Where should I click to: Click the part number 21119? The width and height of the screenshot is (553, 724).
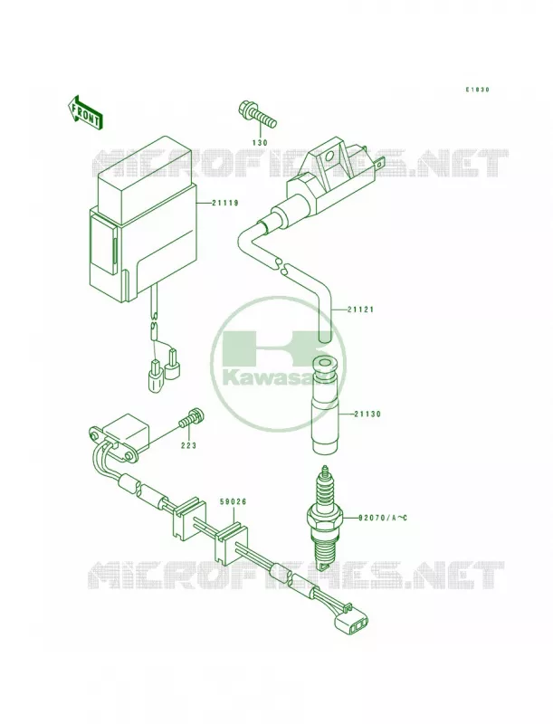225,203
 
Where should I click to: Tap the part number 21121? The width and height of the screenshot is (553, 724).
360,310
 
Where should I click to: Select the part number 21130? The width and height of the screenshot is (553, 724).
367,414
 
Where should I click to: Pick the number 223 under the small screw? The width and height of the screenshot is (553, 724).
188,445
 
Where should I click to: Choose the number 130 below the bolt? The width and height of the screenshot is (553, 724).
260,143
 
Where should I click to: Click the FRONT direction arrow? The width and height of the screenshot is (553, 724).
84,112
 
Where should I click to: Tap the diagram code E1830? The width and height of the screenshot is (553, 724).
477,90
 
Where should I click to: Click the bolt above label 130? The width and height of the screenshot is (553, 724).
258,115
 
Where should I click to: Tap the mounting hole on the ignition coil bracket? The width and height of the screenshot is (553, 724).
329,155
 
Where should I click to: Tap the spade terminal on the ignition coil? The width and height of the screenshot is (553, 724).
380,163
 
